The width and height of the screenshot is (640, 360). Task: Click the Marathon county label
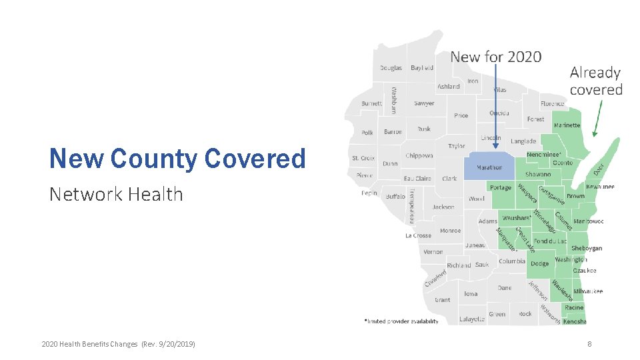coord(489,167)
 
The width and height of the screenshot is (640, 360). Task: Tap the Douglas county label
coord(391,68)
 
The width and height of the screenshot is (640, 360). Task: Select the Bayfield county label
coord(422,68)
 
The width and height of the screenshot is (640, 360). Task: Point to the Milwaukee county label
coord(588,291)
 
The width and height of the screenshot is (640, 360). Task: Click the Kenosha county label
coord(575,321)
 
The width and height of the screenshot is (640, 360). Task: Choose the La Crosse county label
coord(418,235)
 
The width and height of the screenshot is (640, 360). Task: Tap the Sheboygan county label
coord(587,248)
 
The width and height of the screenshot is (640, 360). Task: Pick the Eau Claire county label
coord(417,179)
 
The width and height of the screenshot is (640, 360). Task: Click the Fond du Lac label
coord(550,241)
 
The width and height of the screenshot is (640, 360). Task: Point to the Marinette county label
coord(567,125)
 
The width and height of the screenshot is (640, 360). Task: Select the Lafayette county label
coord(472,319)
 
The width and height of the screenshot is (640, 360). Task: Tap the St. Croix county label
coord(363,158)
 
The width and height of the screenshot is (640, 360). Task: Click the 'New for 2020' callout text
coord(496,57)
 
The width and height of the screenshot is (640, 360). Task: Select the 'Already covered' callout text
coord(596,81)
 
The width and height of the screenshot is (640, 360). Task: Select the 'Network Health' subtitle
coord(116,194)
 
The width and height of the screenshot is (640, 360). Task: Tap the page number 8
coord(589,344)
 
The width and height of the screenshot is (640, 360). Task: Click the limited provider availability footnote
coord(401,321)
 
